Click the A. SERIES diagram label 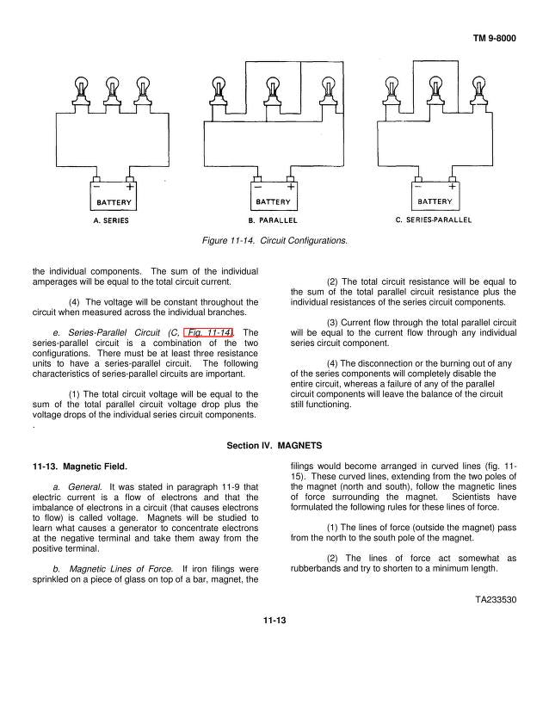coord(111,221)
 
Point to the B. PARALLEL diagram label coord(271,221)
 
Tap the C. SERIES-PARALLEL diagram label coord(434,221)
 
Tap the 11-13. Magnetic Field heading coord(79,467)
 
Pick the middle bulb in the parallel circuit coord(273,88)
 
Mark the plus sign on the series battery coord(130,186)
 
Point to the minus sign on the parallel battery coord(256,186)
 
